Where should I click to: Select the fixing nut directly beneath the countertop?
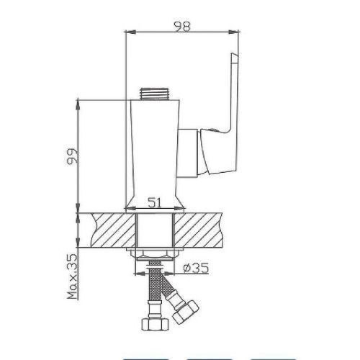(x=153, y=256)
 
